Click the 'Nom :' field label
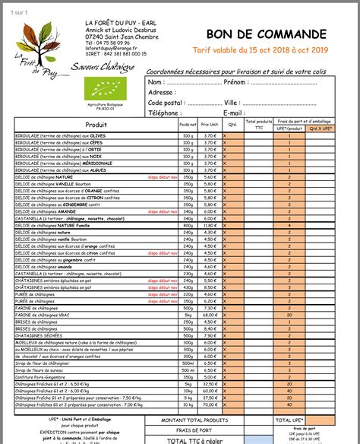click(x=156, y=81)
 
